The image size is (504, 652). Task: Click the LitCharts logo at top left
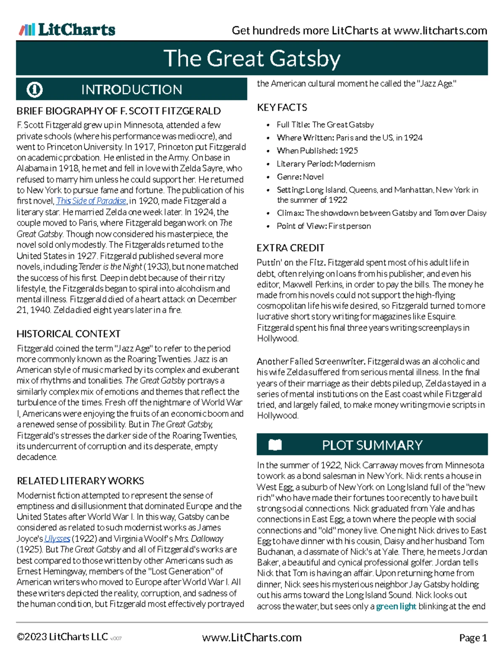[x=67, y=29]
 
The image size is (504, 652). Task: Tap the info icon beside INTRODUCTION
[x=34, y=89]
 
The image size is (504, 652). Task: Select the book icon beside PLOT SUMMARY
[x=275, y=445]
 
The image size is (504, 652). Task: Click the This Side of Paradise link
[x=91, y=201]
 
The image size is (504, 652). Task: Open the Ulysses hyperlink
[x=57, y=539]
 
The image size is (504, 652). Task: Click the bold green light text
[x=396, y=606]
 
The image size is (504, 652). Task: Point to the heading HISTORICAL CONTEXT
[x=68, y=334]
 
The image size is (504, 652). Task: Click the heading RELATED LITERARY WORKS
[x=80, y=481]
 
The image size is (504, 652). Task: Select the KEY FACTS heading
[x=282, y=107]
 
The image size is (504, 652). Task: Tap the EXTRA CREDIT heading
[x=290, y=248]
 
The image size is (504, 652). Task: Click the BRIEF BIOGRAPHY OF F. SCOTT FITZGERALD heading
[x=118, y=111]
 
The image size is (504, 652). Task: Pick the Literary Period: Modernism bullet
[x=325, y=164]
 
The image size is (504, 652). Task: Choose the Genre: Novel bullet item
[x=300, y=177]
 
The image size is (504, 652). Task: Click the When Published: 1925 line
[x=317, y=150]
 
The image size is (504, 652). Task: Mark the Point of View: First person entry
[x=323, y=226]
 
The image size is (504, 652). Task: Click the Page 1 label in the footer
[x=473, y=638]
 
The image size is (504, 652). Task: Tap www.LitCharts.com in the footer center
[x=252, y=638]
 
